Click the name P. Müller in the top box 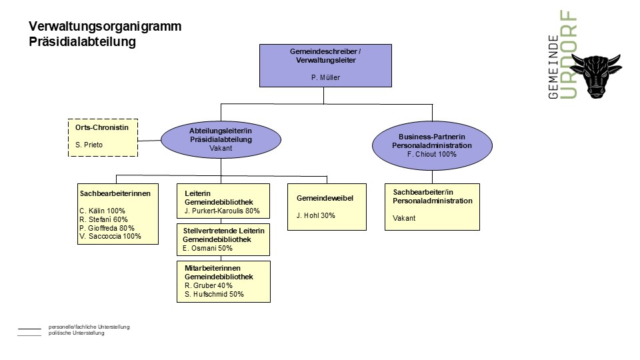tap(325, 77)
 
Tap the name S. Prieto tap(89, 145)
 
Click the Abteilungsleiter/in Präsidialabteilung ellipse tap(221, 139)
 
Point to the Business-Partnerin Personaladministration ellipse tap(432, 145)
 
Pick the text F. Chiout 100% tap(432, 154)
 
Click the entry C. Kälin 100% tap(102, 211)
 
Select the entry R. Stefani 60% tap(103, 219)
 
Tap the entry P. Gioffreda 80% tap(107, 228)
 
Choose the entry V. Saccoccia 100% tap(110, 236)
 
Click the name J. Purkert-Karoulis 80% tap(222, 211)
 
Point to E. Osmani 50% tap(207, 248)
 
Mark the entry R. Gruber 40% tap(209, 286)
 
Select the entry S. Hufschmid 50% tap(214, 294)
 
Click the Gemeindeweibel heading tap(325, 199)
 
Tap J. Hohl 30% tap(316, 215)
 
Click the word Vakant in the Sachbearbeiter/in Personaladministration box tap(404, 219)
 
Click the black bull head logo tap(596, 75)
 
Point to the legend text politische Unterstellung tap(76, 333)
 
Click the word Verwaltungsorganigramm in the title tap(105, 27)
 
